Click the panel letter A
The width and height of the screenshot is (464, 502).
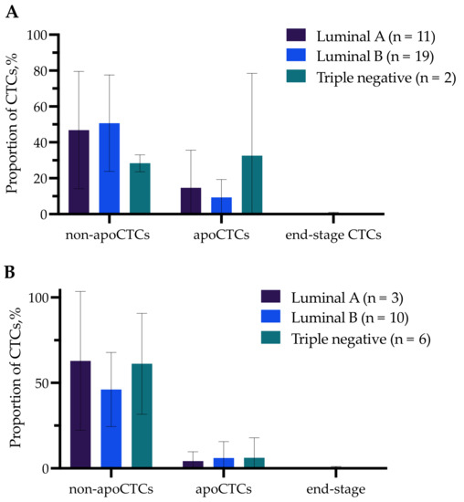[x=9, y=9]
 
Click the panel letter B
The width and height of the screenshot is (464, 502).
[x=8, y=272]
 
